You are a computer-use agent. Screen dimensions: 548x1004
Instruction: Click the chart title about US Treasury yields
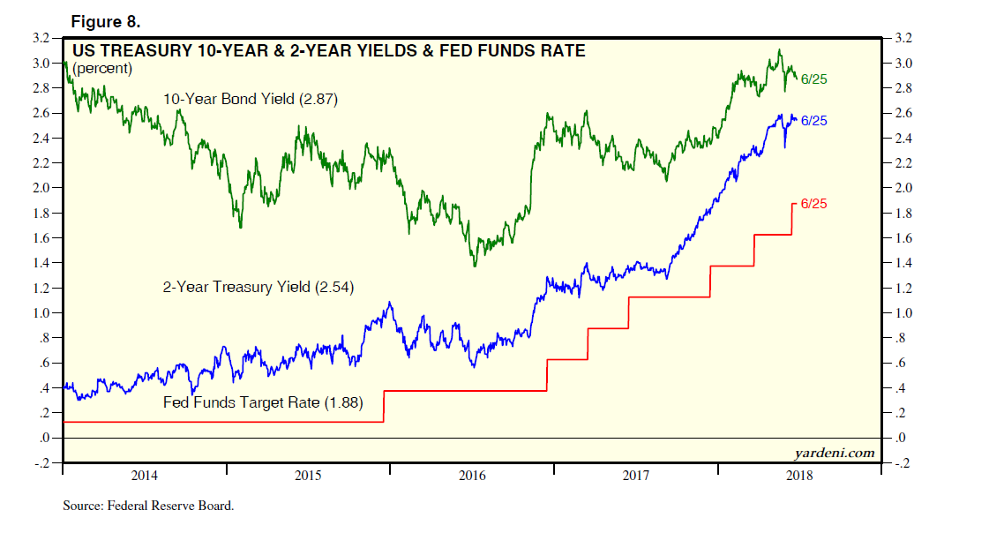[329, 51]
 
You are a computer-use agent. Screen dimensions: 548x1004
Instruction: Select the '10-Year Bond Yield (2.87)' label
[251, 100]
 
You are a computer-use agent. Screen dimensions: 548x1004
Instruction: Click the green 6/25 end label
[813, 79]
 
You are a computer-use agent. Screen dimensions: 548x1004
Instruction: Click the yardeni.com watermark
[835, 453]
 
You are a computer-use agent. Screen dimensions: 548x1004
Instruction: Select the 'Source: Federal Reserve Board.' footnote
[148, 507]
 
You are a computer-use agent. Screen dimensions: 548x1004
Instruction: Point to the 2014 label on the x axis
[144, 477]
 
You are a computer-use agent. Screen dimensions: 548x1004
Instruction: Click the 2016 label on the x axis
[472, 477]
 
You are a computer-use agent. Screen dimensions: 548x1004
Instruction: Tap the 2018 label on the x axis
[798, 477]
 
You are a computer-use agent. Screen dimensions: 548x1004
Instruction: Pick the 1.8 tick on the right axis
[904, 214]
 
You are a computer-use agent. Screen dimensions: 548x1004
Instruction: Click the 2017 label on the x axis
[635, 477]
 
